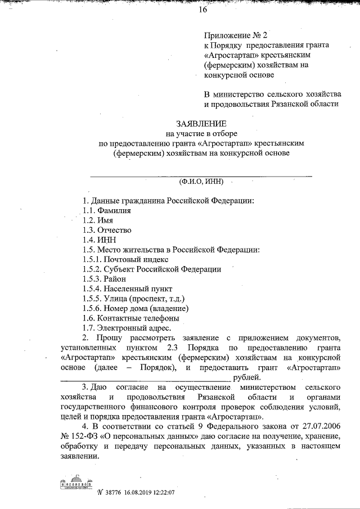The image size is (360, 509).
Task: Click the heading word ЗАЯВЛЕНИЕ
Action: [x=201, y=123]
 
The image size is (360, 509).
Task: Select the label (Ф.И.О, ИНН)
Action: [x=201, y=182]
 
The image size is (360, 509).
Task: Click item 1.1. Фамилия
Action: [x=106, y=210]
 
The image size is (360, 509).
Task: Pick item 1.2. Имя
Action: [x=97, y=220]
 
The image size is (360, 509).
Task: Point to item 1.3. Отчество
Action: [x=106, y=231]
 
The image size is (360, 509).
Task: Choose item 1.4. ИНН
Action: [x=98, y=240]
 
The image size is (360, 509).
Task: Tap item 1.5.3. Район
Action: [x=104, y=279]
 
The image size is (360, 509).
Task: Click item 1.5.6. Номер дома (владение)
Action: [x=135, y=308]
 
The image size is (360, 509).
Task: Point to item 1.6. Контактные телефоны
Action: [x=126, y=318]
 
